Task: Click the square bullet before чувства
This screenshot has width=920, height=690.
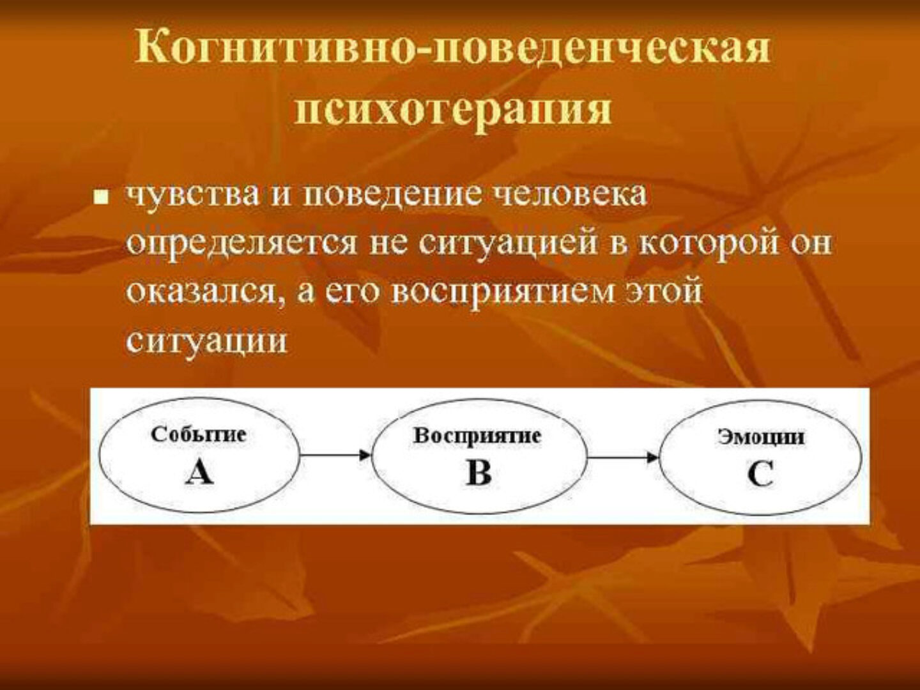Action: pos(99,197)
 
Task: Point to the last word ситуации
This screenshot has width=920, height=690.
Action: pos(206,342)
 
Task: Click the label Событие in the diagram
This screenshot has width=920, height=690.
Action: pos(199,435)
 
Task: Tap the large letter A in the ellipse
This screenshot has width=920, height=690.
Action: pos(199,473)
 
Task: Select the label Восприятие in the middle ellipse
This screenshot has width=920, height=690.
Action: pos(477,436)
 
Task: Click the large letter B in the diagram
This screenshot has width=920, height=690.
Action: pos(479,473)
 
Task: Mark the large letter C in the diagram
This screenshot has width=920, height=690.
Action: pos(760,475)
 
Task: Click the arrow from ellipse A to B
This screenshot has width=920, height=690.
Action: pos(335,455)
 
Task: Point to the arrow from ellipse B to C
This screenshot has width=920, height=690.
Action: pos(623,457)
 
